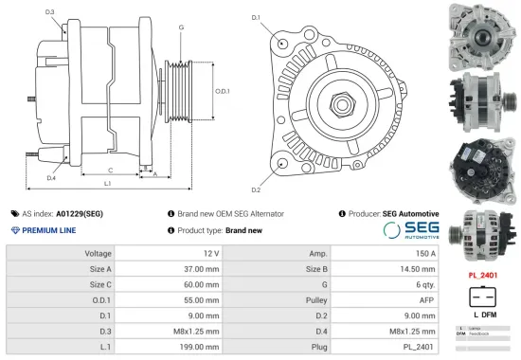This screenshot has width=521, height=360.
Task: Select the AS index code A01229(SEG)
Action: [x=79, y=214]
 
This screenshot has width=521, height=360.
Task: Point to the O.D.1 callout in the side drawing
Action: [x=223, y=91]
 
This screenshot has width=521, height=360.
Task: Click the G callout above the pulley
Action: [x=180, y=27]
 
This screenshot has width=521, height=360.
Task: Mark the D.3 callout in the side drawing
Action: [x=49, y=12]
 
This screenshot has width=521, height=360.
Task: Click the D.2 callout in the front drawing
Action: [x=256, y=177]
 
